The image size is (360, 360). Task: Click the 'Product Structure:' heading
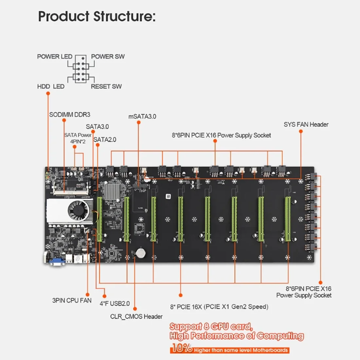tap(97, 16)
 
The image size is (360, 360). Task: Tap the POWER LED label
tap(54, 57)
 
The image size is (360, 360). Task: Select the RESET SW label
tap(106, 86)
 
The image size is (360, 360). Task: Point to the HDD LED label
tap(51, 86)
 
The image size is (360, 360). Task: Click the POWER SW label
tap(108, 57)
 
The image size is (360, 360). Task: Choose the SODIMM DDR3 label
tap(70, 115)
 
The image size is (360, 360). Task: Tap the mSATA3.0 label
tap(142, 117)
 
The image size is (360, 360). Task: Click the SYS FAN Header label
tap(306, 124)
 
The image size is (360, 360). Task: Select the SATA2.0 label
tap(105, 140)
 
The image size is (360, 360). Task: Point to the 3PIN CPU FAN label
tap(72, 300)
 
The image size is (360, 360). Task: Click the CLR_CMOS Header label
tap(136, 316)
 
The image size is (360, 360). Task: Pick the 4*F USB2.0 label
tap(115, 304)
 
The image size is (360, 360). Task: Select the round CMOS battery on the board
tap(141, 252)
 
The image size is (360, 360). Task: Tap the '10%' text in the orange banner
tap(182, 348)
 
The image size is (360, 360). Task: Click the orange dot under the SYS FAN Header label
tap(301, 132)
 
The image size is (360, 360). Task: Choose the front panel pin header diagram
tap(81, 69)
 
